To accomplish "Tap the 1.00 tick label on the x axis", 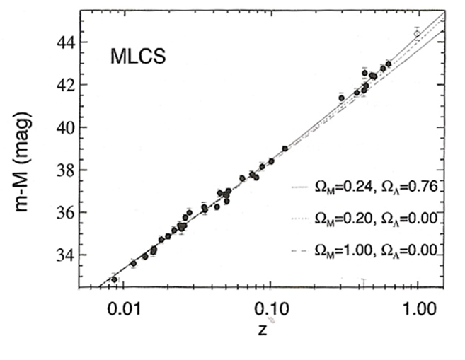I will [417, 309].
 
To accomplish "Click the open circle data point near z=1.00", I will [417, 33].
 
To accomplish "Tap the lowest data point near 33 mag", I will [114, 279].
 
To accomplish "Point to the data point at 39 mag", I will [285, 149].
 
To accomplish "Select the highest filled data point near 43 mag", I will [388, 64].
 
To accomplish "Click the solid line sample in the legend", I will [298, 187].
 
